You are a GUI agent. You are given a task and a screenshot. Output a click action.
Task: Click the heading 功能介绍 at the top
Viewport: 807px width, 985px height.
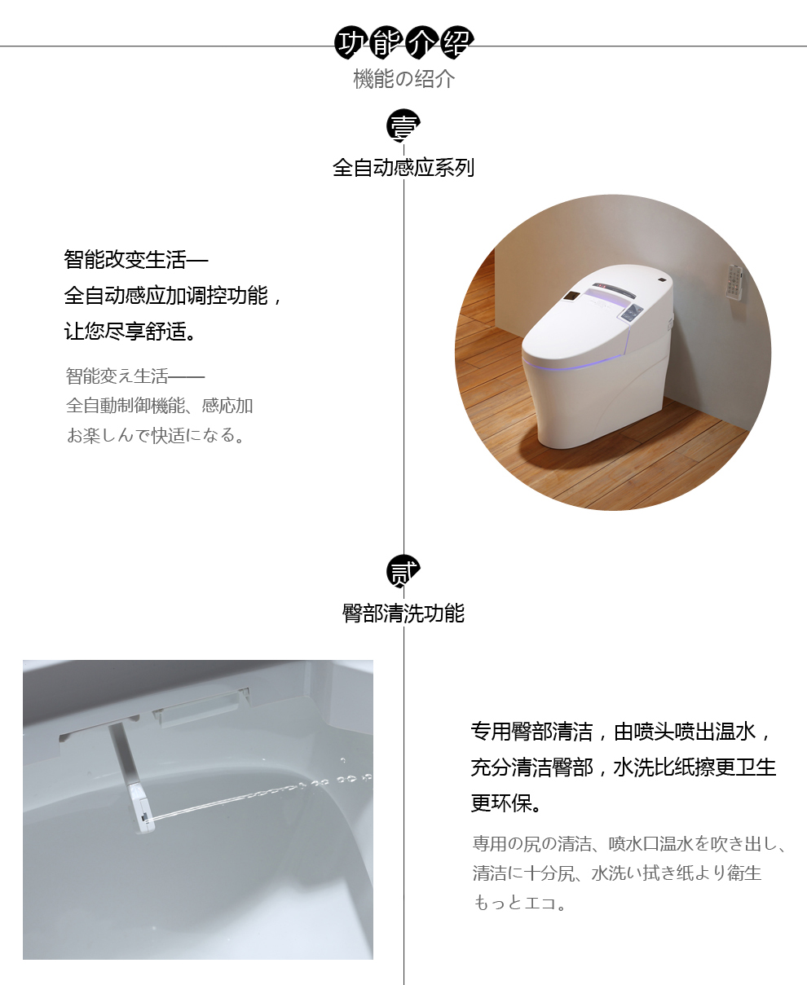coord(403,42)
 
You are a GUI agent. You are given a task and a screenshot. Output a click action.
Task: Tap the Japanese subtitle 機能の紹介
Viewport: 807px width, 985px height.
coord(403,79)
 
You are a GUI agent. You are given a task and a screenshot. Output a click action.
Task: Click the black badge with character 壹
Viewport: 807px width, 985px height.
coord(403,125)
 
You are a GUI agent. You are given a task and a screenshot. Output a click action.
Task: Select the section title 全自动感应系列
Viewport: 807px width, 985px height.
coord(403,168)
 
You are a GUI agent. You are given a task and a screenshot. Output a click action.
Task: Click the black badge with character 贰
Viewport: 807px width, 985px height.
coord(403,571)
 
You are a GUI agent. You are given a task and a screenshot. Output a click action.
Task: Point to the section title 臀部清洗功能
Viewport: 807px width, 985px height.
coord(403,613)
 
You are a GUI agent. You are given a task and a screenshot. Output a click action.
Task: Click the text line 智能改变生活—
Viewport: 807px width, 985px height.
coord(136,260)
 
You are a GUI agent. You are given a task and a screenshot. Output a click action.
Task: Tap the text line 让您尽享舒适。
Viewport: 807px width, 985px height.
coord(130,331)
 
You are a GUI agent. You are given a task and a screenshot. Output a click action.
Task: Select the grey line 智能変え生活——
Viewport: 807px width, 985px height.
coord(135,376)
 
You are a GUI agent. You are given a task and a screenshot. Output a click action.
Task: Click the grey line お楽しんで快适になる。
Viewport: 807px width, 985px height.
coord(156,435)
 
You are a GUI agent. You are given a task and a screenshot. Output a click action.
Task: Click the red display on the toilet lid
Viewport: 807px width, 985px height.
coord(602,286)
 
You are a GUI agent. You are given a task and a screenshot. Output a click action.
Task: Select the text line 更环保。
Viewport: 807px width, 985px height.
coord(506,803)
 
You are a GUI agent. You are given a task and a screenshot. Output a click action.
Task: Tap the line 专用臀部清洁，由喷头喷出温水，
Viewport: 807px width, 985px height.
coord(621,732)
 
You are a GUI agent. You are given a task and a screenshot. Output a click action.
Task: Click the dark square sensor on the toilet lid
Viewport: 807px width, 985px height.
coord(571,296)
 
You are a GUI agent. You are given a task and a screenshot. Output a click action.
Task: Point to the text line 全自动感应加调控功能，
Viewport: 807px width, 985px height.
coord(174,296)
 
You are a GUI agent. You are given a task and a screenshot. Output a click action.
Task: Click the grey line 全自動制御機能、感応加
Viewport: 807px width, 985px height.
coord(159,406)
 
